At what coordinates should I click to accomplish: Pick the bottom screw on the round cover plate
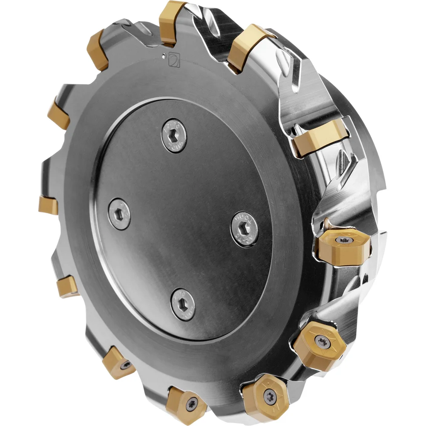coord(183,304)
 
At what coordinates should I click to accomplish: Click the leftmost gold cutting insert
coord(48,205)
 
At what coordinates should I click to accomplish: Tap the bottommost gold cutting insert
coord(187,403)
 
